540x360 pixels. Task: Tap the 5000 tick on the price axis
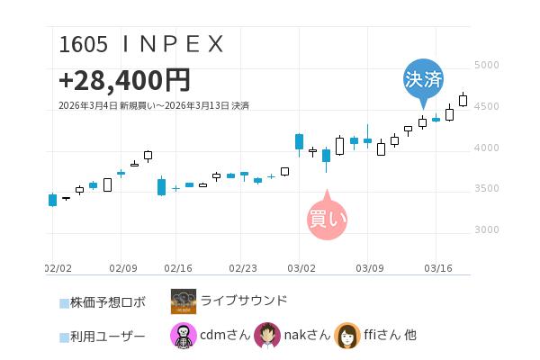coord(487,66)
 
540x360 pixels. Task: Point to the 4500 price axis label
coord(487,106)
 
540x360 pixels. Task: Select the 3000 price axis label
coord(487,229)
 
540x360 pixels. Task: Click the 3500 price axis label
coord(487,188)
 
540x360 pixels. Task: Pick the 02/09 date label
coord(122,267)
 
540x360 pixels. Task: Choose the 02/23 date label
coord(244,267)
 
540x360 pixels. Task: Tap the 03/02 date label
coord(301,267)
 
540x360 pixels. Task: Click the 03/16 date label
coord(436,267)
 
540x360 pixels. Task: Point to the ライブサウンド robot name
coord(244,301)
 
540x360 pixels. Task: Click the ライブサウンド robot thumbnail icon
coord(184,301)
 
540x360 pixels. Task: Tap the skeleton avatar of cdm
coord(184,336)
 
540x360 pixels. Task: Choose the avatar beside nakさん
coord(266,336)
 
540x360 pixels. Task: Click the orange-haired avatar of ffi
coord(347,336)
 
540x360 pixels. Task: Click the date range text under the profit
coord(153,105)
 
